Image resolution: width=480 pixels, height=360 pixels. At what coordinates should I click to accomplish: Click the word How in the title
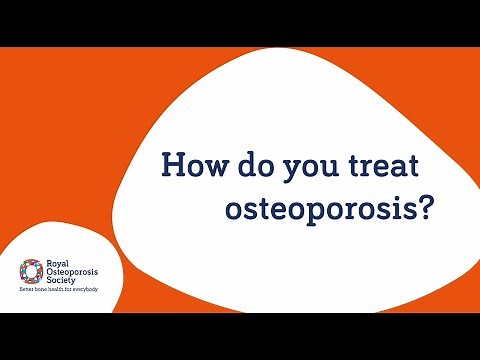click(x=189, y=164)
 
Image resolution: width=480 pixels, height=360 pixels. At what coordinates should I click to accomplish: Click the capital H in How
click(x=173, y=164)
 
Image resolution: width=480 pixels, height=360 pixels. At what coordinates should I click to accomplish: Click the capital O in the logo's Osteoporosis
click(x=51, y=272)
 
